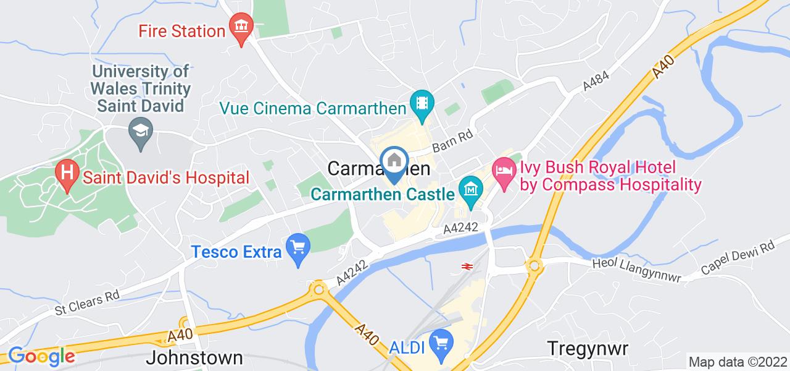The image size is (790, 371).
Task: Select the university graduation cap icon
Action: click(x=141, y=132)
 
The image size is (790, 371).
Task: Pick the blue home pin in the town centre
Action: click(x=394, y=163)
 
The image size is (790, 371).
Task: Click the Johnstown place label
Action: click(x=194, y=358)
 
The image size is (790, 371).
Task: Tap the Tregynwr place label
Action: click(x=588, y=348)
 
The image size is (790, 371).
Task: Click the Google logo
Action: click(x=41, y=356)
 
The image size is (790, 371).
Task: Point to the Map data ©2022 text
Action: click(x=737, y=362)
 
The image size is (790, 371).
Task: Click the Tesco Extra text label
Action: click(x=236, y=251)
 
